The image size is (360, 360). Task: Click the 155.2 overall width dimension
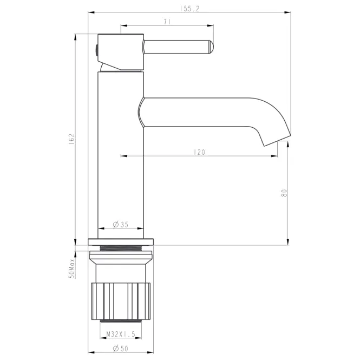click(x=189, y=9)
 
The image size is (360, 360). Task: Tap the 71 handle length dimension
click(x=167, y=22)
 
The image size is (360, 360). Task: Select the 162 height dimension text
click(x=71, y=139)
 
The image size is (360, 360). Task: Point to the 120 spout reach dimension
click(x=199, y=152)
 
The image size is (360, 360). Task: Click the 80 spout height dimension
click(x=284, y=193)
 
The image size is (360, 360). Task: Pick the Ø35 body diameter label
click(x=121, y=225)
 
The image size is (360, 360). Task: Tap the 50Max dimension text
click(x=72, y=269)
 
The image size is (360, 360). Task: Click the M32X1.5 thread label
click(x=121, y=334)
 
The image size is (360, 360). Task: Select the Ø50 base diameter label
click(x=121, y=349)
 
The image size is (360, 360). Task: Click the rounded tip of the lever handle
click(x=211, y=47)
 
